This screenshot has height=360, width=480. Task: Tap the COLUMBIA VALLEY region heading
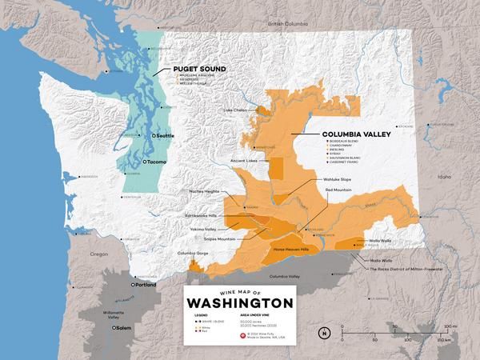(355, 135)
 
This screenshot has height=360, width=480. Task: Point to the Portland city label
(146, 285)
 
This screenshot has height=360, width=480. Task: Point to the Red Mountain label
(349, 190)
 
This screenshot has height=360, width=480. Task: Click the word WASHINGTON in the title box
(239, 304)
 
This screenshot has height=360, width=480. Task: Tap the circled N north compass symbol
(324, 332)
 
